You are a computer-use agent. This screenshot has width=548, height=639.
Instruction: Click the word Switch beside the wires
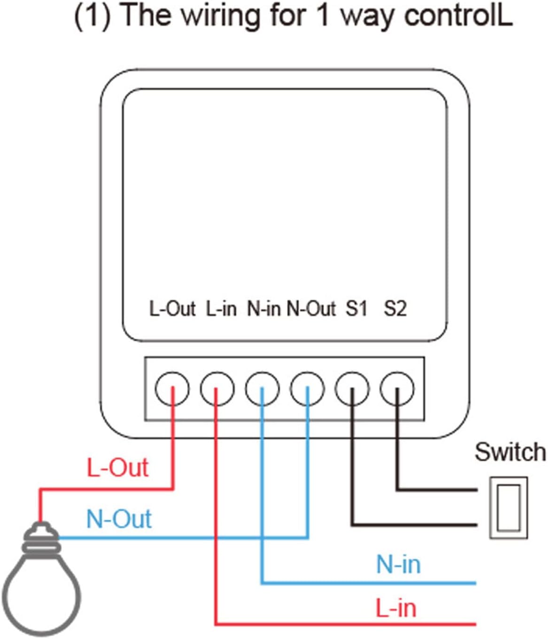click(x=510, y=452)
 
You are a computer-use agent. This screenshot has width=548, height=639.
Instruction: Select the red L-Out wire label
click(x=117, y=468)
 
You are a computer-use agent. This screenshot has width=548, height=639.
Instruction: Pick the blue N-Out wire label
click(x=119, y=519)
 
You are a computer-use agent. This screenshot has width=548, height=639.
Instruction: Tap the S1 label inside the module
click(x=356, y=308)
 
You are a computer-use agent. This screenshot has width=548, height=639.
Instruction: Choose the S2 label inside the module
click(x=395, y=308)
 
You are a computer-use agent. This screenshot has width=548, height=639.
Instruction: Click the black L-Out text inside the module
click(x=172, y=308)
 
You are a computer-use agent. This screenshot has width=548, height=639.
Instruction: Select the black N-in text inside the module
click(x=264, y=308)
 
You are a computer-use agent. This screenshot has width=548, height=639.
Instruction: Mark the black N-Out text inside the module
click(x=311, y=308)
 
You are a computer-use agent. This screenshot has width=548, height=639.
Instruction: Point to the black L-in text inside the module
click(x=221, y=308)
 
